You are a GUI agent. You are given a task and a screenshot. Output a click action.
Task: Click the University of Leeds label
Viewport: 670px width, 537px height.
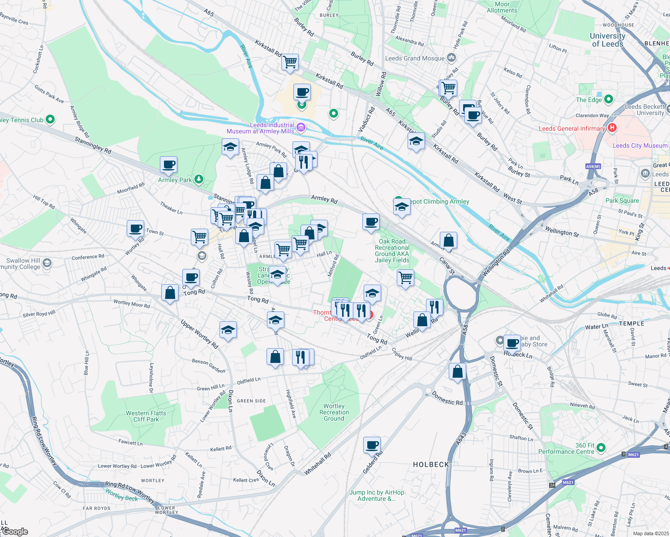pyautogui.click(x=607, y=40)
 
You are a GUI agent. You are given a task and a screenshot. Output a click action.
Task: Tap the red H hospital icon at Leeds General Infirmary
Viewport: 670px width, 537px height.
pyautogui.click(x=612, y=128)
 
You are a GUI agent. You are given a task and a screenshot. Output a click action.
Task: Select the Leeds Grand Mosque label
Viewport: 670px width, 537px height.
pyautogui.click(x=415, y=58)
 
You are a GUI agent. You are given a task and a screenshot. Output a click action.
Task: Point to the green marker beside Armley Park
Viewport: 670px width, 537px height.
pyautogui.click(x=198, y=179)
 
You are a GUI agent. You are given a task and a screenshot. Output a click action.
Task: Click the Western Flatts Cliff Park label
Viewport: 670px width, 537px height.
pyautogui.click(x=146, y=416)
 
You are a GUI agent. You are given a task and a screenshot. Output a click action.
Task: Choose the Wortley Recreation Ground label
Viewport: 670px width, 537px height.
pyautogui.click(x=334, y=412)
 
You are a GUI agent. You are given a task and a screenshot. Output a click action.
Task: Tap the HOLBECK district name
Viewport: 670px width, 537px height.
pyautogui.click(x=431, y=465)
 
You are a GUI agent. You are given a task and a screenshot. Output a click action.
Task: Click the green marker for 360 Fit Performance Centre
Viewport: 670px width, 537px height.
pyautogui.click(x=601, y=447)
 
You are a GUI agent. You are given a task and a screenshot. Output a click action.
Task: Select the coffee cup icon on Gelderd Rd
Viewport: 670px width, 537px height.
pyautogui.click(x=372, y=445)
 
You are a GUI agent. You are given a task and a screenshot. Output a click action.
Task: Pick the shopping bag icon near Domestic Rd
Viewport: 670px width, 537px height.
pyautogui.click(x=457, y=371)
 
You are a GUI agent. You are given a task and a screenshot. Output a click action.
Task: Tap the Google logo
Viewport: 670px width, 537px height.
pyautogui.click(x=15, y=532)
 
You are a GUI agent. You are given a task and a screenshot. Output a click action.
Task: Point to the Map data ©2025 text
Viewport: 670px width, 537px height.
pyautogui.click(x=651, y=533)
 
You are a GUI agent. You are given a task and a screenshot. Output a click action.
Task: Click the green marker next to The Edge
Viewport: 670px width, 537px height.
pyautogui.click(x=608, y=99)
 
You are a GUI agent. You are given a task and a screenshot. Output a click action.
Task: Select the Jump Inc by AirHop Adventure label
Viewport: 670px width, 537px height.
pyautogui.click(x=377, y=495)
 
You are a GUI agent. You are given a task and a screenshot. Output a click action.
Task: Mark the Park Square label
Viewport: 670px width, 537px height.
pyautogui.click(x=622, y=200)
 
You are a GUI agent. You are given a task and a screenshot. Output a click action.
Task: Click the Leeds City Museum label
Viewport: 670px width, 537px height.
pyautogui.click(x=640, y=145)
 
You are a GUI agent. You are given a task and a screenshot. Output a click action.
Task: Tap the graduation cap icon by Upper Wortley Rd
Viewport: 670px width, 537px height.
pyautogui.click(x=228, y=330)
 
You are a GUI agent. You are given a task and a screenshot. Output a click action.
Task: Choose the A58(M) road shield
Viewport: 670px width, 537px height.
pyautogui.click(x=593, y=166)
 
